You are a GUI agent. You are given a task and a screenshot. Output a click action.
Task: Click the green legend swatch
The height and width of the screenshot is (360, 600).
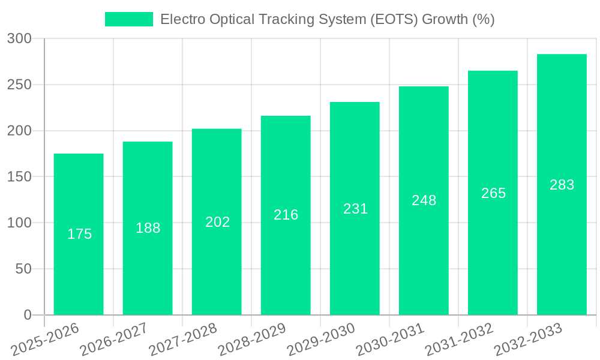(129, 19)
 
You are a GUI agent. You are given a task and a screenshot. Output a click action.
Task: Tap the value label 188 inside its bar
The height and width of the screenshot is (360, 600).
(148, 228)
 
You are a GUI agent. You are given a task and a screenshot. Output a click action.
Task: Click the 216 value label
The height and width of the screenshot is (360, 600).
(286, 215)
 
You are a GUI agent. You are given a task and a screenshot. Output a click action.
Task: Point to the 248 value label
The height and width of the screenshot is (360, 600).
(424, 200)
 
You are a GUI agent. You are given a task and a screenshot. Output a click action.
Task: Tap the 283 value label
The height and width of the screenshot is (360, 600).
(562, 185)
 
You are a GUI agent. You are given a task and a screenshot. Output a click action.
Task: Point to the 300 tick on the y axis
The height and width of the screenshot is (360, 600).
(19, 38)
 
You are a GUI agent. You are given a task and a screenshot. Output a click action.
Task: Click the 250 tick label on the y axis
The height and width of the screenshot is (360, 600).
(19, 85)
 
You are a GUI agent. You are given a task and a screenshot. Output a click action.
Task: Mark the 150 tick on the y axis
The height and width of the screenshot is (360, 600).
(19, 177)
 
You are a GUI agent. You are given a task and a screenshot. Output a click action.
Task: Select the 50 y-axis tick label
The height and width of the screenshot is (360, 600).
(23, 269)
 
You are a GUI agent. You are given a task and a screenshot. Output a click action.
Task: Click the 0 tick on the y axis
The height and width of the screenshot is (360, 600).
(28, 315)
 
